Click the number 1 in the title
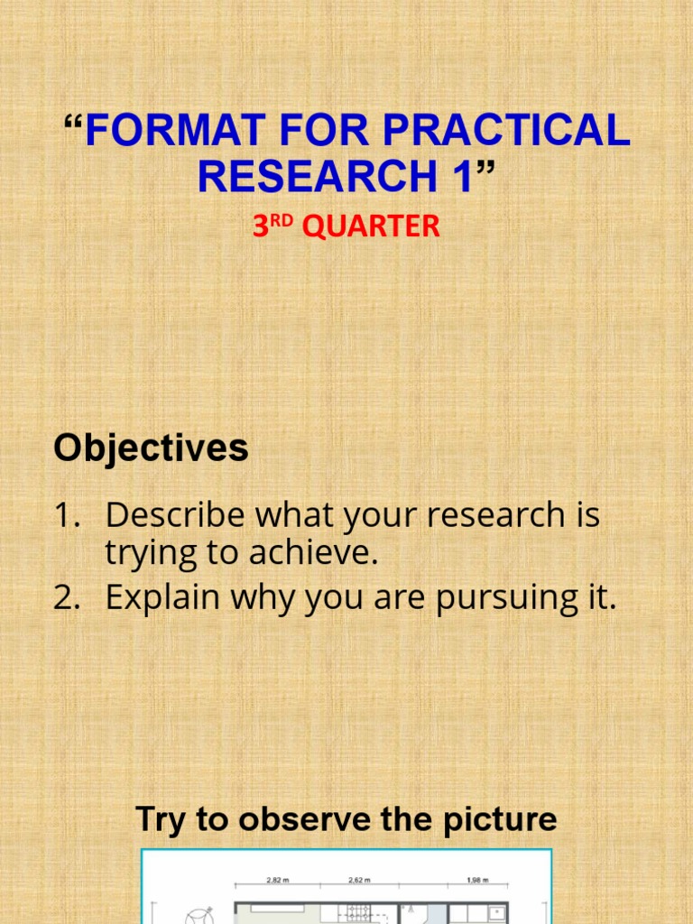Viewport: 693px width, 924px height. (461, 176)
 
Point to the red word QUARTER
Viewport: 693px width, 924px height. (371, 226)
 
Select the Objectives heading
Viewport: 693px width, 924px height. (151, 448)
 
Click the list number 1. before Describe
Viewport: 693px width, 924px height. (69, 516)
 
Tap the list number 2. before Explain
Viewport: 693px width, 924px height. (69, 597)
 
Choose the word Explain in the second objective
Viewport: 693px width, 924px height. (162, 597)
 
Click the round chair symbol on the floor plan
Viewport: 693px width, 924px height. (198, 915)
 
